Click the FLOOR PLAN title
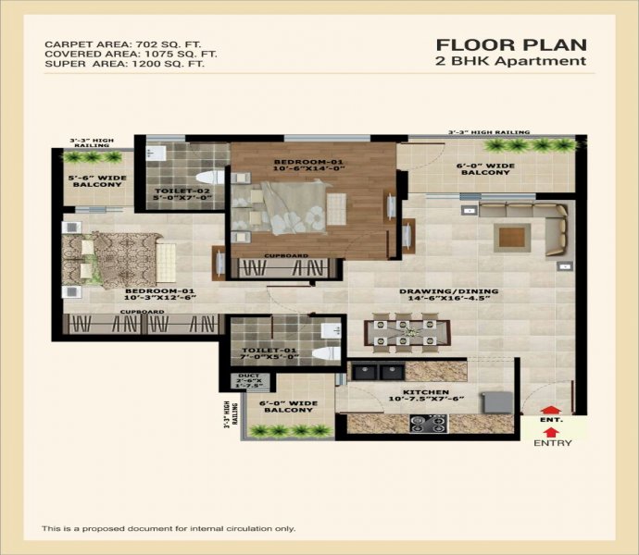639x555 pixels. point(511,44)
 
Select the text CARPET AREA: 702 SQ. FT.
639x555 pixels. point(123,44)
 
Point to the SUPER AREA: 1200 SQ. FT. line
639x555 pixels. point(125,64)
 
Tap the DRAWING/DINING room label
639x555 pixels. point(448,294)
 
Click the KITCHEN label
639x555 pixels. point(426,395)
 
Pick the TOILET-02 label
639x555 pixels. point(182,194)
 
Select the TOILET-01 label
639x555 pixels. point(270,353)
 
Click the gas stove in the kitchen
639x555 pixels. point(428,424)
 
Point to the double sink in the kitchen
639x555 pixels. point(378,372)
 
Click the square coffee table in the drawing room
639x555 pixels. point(512,238)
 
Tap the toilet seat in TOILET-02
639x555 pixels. point(210,177)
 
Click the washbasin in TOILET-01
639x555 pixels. point(331,330)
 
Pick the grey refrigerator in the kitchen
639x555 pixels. point(496,402)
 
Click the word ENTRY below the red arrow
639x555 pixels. point(553,443)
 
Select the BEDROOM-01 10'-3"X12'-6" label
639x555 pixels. point(159,294)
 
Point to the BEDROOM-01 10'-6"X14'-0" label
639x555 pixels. point(308,165)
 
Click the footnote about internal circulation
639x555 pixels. point(169,528)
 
